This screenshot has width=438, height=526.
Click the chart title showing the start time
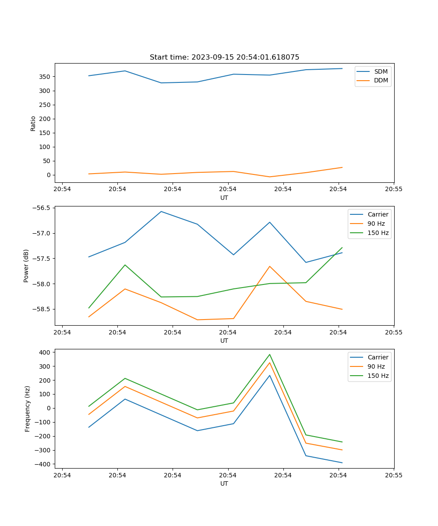[224, 57]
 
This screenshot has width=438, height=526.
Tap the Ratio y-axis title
[33, 123]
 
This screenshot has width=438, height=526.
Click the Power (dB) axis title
[26, 266]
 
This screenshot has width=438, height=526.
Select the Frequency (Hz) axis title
[27, 409]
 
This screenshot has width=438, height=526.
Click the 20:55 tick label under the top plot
[393, 189]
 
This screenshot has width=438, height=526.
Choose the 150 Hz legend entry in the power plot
[378, 233]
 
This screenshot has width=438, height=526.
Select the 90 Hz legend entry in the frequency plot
[376, 366]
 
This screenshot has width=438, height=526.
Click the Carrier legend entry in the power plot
[378, 214]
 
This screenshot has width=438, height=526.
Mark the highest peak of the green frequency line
[269, 355]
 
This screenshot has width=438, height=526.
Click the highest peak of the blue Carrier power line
[161, 211]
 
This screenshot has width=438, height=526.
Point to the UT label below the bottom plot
[224, 483]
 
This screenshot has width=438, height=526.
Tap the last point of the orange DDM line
[342, 167]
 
